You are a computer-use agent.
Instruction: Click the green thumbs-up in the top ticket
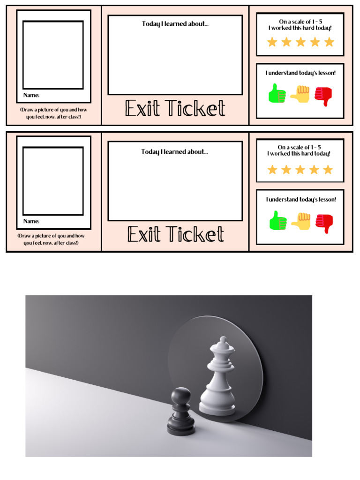[277, 93]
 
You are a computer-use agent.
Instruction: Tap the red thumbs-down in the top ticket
[323, 96]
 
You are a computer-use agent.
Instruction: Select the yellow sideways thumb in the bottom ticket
[301, 220]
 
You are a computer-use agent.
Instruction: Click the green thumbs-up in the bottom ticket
[278, 220]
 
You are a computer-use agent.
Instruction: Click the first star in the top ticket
[272, 42]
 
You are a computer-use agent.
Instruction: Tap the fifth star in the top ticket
[329, 42]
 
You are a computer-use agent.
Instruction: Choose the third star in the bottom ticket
[300, 170]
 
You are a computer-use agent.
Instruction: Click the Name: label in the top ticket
[31, 95]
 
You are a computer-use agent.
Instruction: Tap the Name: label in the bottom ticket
[31, 221]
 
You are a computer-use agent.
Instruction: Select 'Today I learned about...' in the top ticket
[175, 24]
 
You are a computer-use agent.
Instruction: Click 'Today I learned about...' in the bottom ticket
[175, 152]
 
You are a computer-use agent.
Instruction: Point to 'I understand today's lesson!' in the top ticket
[300, 73]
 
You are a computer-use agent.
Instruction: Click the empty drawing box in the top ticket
[53, 54]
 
